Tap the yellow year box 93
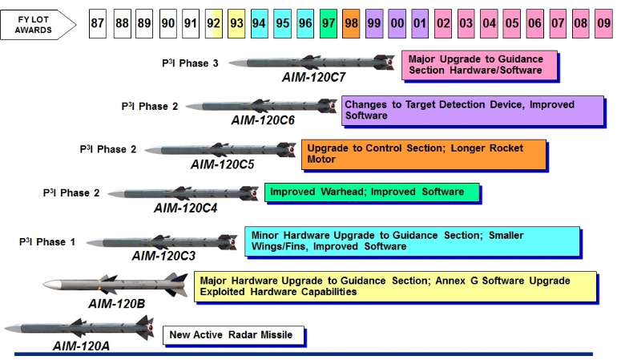(237, 25)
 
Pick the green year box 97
(329, 25)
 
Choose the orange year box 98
(352, 25)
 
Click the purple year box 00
(397, 25)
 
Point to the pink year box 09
(603, 25)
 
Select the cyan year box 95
(283, 25)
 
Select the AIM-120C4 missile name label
(186, 208)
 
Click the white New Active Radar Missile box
(233, 334)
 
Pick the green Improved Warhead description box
(373, 192)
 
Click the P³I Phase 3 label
(190, 62)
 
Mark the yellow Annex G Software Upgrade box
(395, 286)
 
